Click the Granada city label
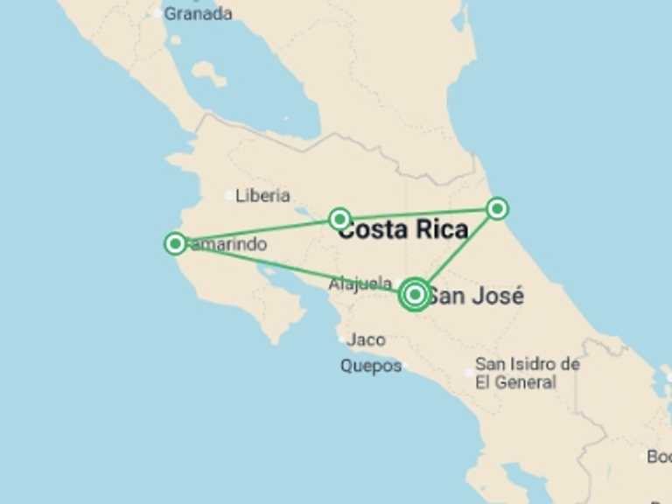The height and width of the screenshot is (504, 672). click(x=199, y=14)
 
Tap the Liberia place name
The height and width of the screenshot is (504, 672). click(x=262, y=196)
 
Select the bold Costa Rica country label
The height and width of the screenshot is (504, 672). click(x=402, y=230)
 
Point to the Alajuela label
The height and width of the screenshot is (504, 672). click(x=360, y=283)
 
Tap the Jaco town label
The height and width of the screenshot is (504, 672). click(x=366, y=339)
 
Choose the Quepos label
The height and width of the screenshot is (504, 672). click(x=370, y=367)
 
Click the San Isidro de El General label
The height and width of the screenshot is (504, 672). click(x=527, y=374)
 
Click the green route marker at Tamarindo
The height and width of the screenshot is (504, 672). click(x=175, y=243)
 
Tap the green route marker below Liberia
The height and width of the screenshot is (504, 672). click(x=339, y=218)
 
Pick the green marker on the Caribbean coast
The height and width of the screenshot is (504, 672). click(x=497, y=208)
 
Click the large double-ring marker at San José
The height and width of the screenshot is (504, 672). click(x=415, y=295)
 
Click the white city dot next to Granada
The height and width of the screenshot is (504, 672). click(x=157, y=13)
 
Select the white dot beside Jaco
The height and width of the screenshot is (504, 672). click(x=341, y=339)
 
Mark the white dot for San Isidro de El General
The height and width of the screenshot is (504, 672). click(x=470, y=373)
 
